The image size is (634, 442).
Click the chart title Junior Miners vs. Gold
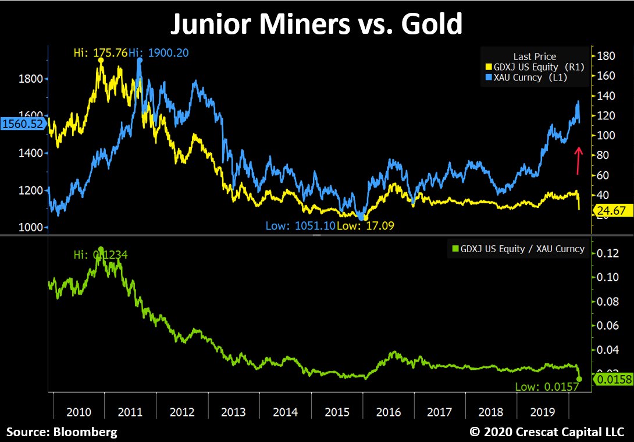pyautogui.click(x=316, y=24)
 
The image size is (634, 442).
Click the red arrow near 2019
pyautogui.click(x=578, y=160)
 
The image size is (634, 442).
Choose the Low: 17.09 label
pyautogui.click(x=366, y=225)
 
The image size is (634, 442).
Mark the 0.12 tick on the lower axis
pyautogui.click(x=608, y=253)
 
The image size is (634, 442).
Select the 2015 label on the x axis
pyautogui.click(x=337, y=412)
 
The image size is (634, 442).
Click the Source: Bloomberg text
pyautogui.click(x=62, y=432)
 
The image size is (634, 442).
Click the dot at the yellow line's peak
pyautogui.click(x=101, y=60)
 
